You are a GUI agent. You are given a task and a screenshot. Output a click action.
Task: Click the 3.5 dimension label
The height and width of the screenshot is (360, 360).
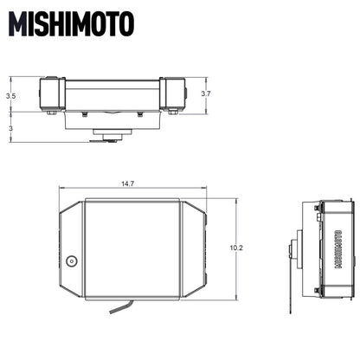click(x=10, y=96)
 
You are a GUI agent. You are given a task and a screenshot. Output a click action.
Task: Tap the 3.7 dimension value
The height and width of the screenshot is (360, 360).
click(x=205, y=93)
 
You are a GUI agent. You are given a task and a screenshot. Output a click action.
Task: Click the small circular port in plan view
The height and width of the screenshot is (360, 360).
click(x=73, y=260)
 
